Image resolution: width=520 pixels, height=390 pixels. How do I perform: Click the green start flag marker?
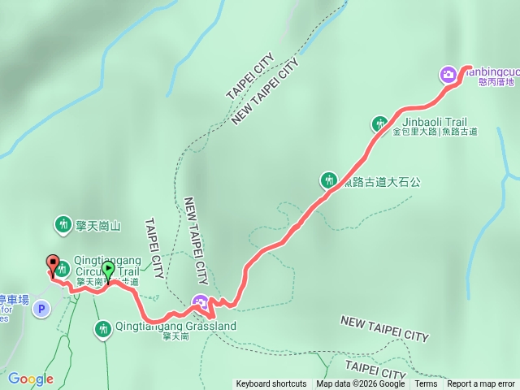(x=109, y=269)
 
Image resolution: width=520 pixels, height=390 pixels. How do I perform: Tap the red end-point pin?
(x=54, y=265)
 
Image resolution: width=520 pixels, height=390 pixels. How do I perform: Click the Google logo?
(x=31, y=379)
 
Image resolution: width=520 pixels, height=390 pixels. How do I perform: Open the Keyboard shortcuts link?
(x=271, y=384)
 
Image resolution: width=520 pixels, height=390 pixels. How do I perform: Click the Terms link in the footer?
(x=426, y=384)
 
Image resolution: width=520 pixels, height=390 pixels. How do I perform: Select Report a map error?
(x=481, y=384)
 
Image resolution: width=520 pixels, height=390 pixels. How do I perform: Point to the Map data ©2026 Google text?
(x=361, y=384)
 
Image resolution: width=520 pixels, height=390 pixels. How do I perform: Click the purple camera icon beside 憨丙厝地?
(x=448, y=76)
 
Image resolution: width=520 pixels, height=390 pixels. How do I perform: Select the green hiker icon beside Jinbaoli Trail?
(x=379, y=123)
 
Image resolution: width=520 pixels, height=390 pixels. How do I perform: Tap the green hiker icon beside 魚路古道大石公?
(x=328, y=180)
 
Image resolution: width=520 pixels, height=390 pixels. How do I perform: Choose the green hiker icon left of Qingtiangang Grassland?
(x=102, y=328)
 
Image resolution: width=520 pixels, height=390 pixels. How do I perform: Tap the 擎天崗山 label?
(x=98, y=224)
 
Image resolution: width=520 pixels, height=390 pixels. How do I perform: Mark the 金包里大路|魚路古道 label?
(x=435, y=132)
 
